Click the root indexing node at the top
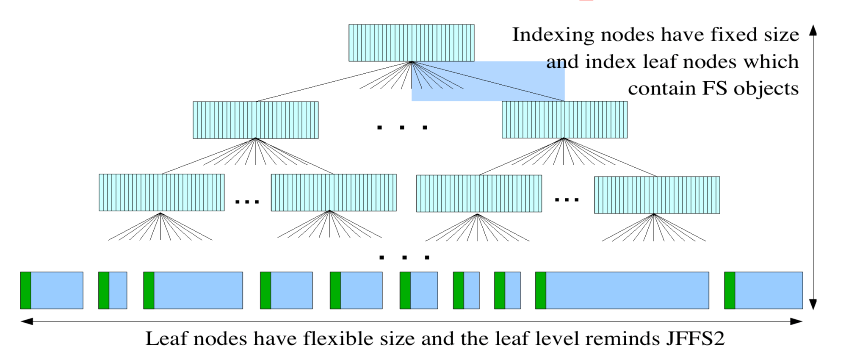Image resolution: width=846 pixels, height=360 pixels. point(411,43)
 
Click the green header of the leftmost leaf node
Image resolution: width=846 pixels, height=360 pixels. point(25,290)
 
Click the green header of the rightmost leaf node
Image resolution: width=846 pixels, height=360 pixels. point(730,290)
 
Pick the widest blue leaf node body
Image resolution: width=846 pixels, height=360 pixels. point(627,290)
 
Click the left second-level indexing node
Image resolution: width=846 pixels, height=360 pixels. point(255,120)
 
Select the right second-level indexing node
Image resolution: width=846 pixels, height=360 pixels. point(564,119)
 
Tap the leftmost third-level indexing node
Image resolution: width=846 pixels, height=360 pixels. point(161,192)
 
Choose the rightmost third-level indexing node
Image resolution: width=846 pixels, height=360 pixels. point(657,195)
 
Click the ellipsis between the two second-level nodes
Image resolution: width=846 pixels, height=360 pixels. point(402,127)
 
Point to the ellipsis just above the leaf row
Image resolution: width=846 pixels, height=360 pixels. point(404,257)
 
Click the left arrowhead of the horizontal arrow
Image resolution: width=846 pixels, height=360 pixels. point(27,321)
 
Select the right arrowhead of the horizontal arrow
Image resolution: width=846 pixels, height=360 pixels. point(796,321)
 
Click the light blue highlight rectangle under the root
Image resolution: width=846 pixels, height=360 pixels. point(488,81)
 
